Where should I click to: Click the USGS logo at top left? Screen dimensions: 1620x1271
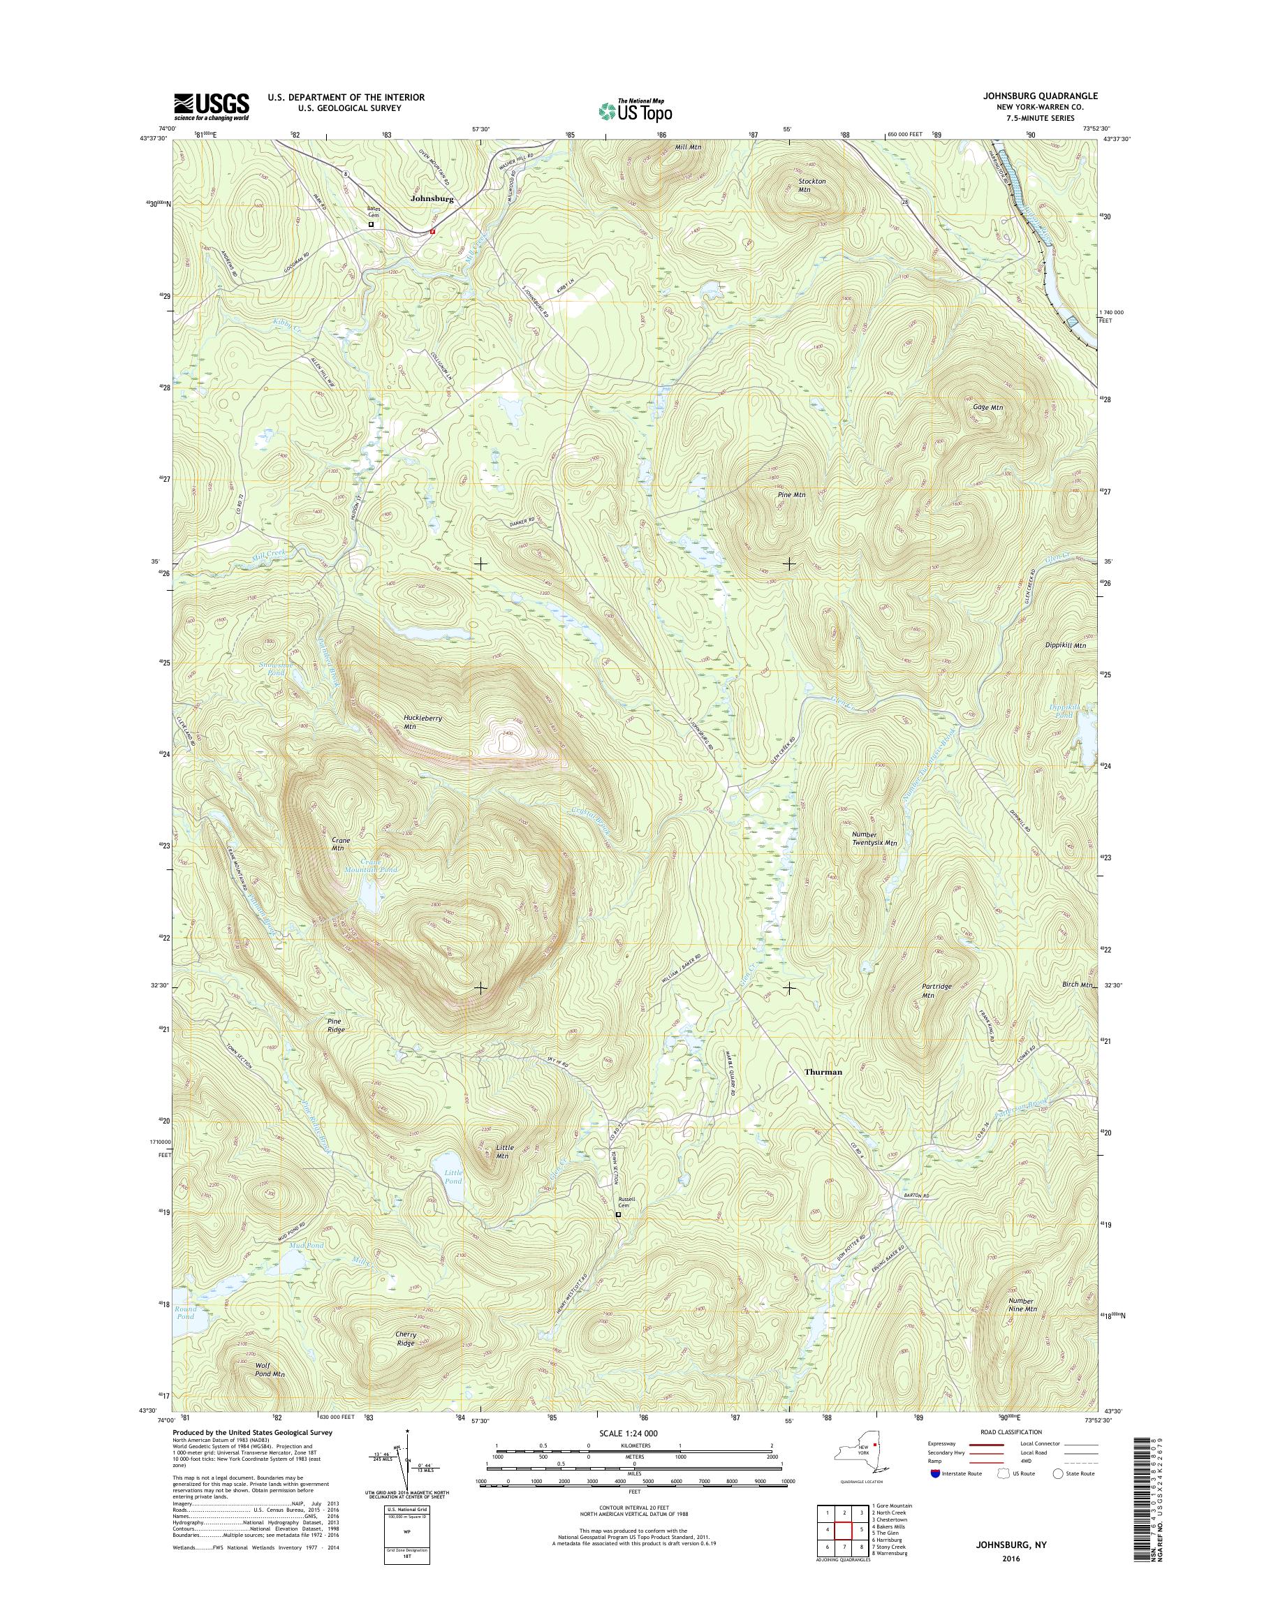click(x=212, y=106)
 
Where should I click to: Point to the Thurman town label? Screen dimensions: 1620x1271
click(x=824, y=1072)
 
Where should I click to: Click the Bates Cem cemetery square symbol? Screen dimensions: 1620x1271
click(x=372, y=224)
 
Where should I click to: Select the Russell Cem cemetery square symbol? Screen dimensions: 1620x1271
click(x=618, y=1215)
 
